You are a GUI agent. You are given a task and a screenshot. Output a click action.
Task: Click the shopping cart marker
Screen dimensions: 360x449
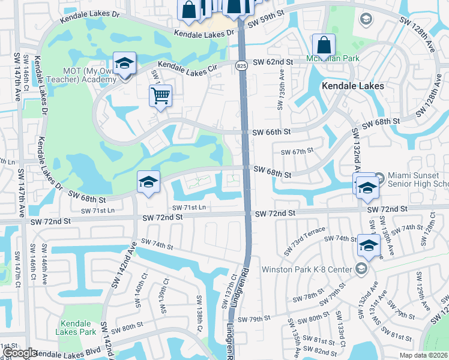tap(161, 95)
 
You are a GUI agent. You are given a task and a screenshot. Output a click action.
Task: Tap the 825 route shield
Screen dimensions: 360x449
tap(241, 65)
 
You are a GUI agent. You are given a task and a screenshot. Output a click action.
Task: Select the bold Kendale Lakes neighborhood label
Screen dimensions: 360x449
tap(353, 86)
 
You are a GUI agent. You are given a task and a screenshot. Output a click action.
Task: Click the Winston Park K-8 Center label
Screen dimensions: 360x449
tap(306, 269)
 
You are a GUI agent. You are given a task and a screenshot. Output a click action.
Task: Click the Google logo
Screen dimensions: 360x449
tap(20, 353)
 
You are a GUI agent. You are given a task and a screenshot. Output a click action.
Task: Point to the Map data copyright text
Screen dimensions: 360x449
tap(424, 355)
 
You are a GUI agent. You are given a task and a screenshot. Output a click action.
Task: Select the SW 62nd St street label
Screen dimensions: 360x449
tap(273, 62)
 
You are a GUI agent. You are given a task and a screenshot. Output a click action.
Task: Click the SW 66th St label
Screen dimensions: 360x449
tap(271, 132)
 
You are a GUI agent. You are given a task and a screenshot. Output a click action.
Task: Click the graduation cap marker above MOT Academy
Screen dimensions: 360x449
tap(124, 62)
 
